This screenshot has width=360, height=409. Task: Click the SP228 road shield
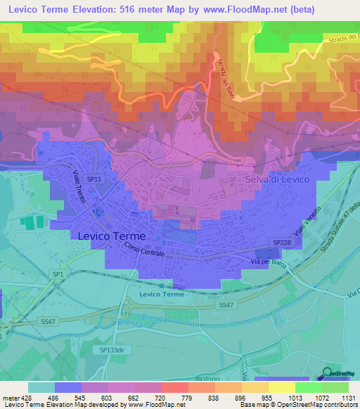pyautogui.click(x=281, y=242)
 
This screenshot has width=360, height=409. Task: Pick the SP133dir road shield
pyautogui.click(x=110, y=349)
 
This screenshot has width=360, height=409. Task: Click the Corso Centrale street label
pyautogui.click(x=144, y=249)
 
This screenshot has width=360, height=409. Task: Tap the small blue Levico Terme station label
pyautogui.click(x=161, y=294)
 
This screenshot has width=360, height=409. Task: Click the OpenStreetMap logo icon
pyautogui.click(x=327, y=373)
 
